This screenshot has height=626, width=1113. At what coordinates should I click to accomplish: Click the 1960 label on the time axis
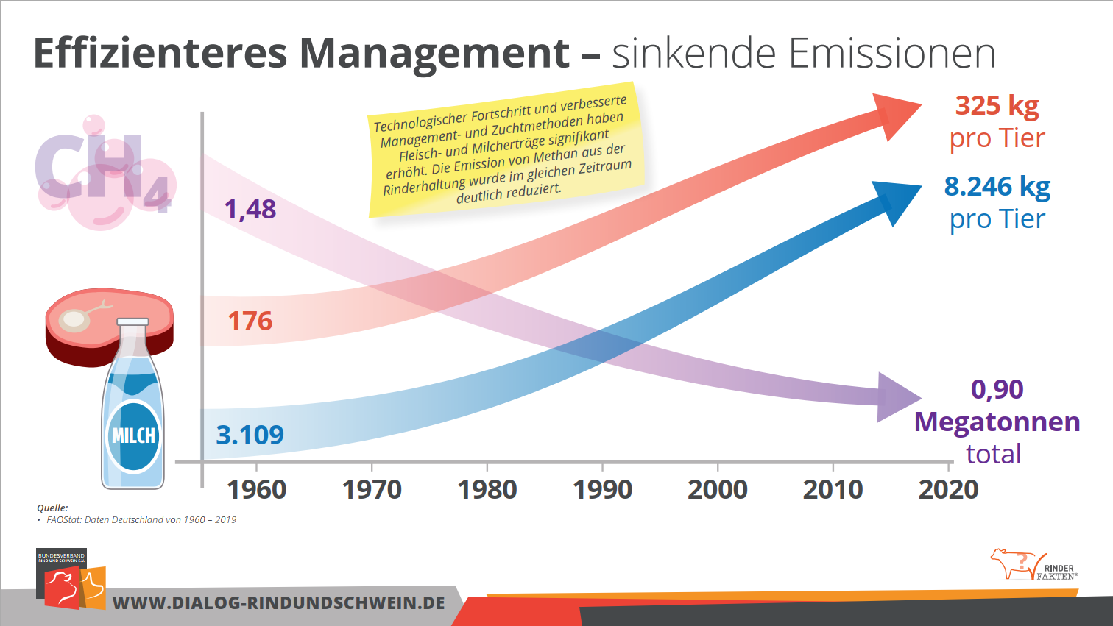click(256, 489)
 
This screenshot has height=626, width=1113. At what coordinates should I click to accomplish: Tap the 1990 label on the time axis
click(602, 489)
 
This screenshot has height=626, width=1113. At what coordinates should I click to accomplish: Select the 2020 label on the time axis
click(948, 489)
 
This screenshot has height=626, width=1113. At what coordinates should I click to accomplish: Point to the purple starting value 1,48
click(250, 210)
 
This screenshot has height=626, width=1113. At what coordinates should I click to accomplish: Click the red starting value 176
click(250, 321)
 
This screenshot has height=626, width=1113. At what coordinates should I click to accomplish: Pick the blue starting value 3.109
click(250, 435)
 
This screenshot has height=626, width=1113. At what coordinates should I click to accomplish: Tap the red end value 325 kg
click(997, 106)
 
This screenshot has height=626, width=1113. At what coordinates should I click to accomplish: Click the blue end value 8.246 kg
click(997, 187)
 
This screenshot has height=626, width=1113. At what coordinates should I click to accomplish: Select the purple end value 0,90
click(997, 389)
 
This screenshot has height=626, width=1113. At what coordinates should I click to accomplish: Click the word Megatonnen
click(997, 422)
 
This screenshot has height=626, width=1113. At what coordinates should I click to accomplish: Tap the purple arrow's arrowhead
click(896, 397)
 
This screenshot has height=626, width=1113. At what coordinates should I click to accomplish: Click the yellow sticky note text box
click(503, 152)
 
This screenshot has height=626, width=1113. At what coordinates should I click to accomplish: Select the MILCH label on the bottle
click(133, 435)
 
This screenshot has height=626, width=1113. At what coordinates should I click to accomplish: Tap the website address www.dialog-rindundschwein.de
click(278, 603)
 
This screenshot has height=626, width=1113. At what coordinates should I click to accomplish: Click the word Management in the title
click(434, 53)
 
